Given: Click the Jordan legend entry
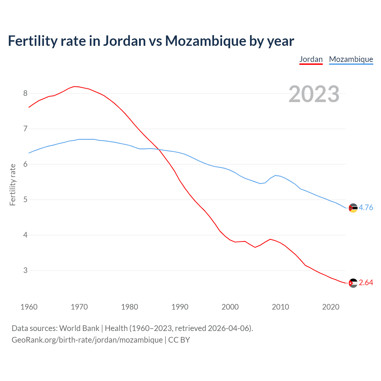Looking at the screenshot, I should click(x=311, y=59).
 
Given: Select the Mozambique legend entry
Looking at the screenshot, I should click(x=351, y=59).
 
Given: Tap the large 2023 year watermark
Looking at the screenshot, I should click(x=314, y=94).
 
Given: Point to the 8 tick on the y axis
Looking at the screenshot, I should click(x=25, y=93).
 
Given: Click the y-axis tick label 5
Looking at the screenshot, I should click(x=25, y=199).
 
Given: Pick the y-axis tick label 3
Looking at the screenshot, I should click(x=25, y=270).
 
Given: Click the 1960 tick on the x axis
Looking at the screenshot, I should click(x=29, y=307).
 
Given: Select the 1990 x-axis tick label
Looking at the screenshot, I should click(x=180, y=307).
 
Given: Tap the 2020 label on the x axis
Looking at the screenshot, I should click(x=331, y=307).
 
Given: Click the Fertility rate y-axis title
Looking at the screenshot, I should click(x=13, y=185).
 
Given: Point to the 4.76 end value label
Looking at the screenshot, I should click(x=366, y=207).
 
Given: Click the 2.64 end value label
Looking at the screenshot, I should click(x=366, y=282).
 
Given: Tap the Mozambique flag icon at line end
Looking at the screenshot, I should click(x=353, y=208).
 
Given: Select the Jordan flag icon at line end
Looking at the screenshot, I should click(x=353, y=283).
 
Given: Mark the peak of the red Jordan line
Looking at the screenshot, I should click(x=74, y=86).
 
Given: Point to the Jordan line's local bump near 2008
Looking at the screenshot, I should click(x=270, y=239).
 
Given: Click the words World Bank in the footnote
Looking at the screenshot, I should click(x=79, y=328).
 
